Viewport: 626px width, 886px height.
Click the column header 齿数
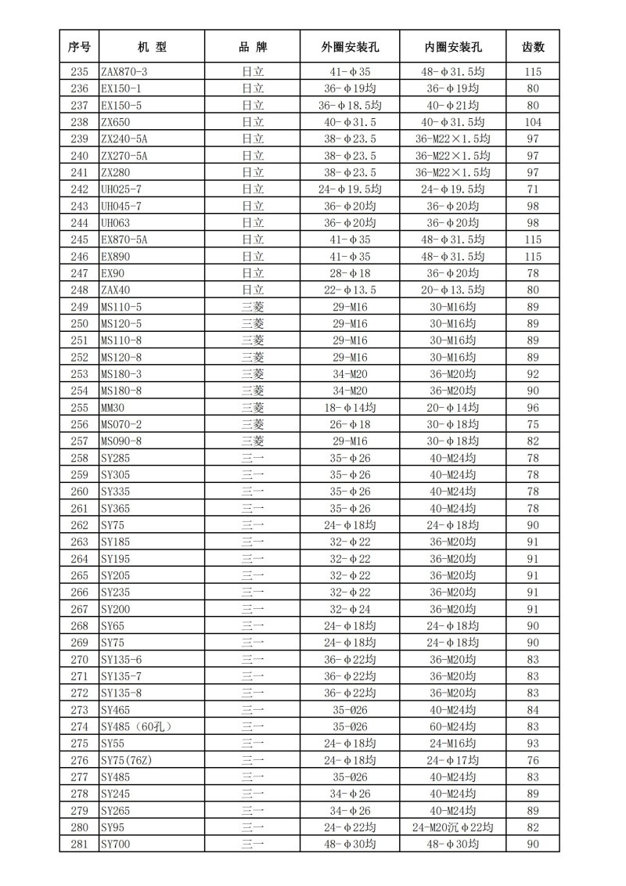pos(533,47)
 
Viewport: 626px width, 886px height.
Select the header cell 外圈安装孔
pos(350,47)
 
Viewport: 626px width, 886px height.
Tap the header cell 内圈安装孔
pos(453,47)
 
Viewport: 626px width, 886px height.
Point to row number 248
pos(79,290)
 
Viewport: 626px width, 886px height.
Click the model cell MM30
pos(113,407)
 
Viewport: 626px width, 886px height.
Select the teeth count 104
pos(533,122)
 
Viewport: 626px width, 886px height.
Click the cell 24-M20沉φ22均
pos(453,827)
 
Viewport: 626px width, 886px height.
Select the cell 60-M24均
pos(453,726)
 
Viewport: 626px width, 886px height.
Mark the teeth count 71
pos(533,189)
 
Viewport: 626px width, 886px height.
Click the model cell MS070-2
pos(121,424)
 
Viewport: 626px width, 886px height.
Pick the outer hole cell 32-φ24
pos(350,608)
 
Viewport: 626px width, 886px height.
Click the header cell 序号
pos(79,47)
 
